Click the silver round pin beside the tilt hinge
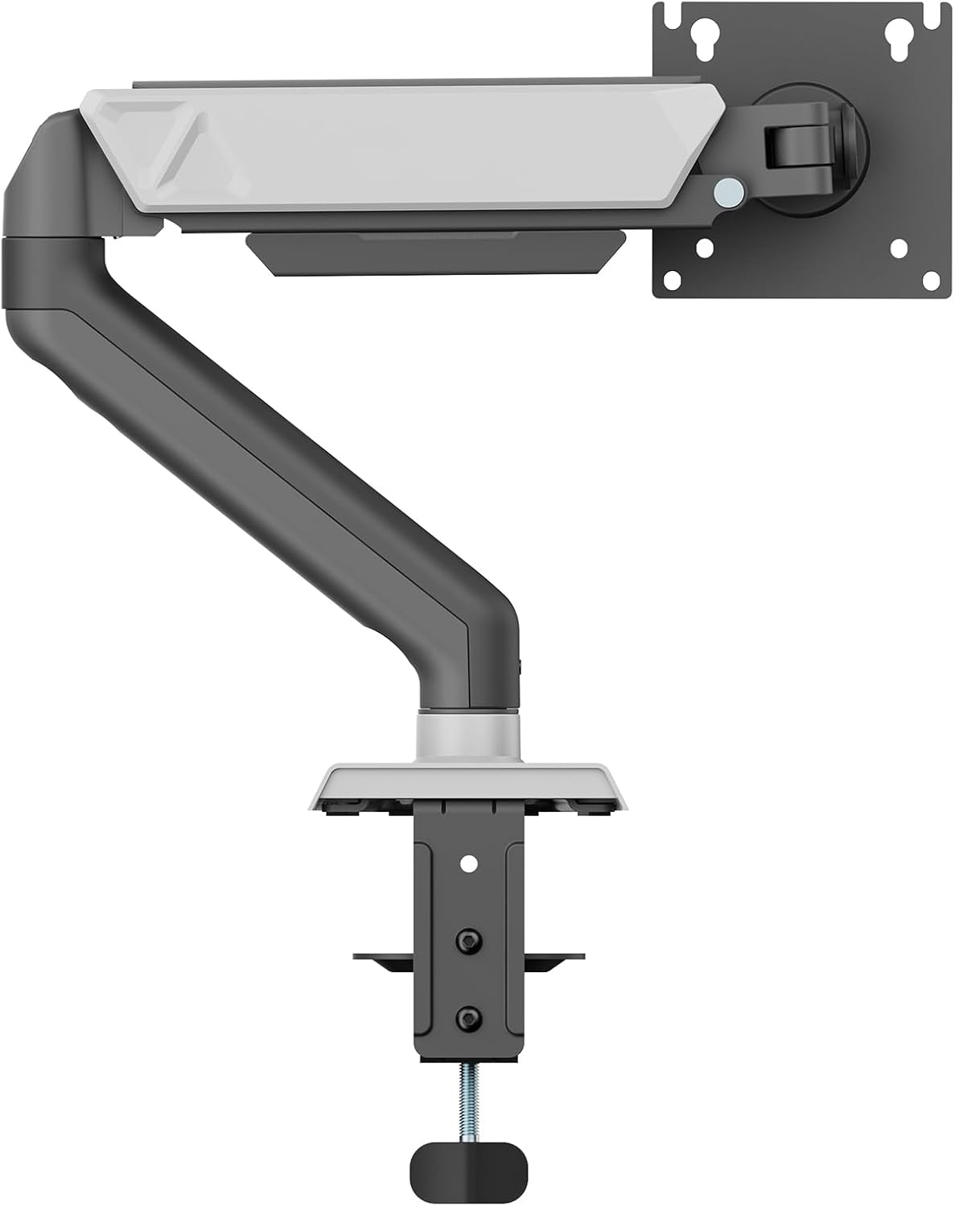pyautogui.click(x=729, y=190)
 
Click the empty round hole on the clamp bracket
pyautogui.click(x=467, y=865)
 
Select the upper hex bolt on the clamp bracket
pyautogui.click(x=466, y=938)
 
